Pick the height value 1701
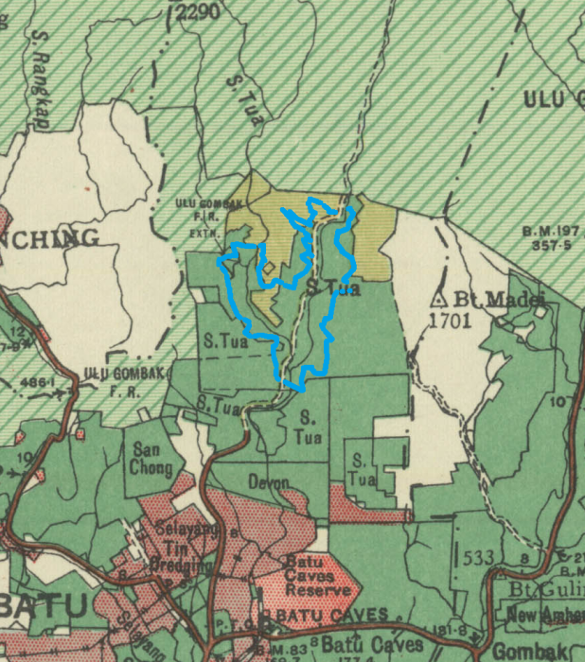click(x=451, y=321)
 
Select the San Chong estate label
click(x=151, y=459)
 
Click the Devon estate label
click(x=268, y=482)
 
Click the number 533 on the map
click(x=479, y=558)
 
